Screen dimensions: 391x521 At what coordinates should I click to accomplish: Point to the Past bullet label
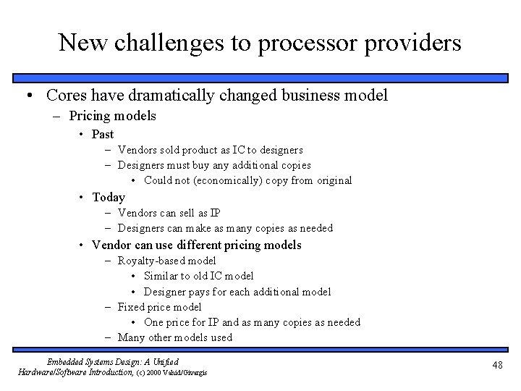(103, 134)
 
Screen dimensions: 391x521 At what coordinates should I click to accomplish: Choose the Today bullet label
(109, 197)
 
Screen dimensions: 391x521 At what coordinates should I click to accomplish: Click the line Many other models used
(175, 337)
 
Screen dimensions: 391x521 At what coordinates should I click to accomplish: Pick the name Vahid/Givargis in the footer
(190, 373)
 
